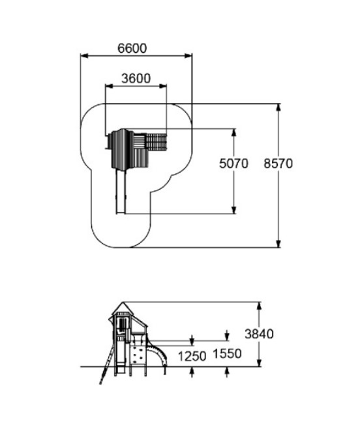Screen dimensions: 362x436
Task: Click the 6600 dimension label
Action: pos(132,48)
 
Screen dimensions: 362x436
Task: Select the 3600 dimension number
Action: pos(136,79)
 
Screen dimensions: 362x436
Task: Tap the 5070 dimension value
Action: pos(234,164)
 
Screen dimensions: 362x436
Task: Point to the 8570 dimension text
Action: pos(279,164)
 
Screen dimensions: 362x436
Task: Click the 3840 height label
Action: pos(259,334)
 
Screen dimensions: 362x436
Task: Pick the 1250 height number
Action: pos(192,356)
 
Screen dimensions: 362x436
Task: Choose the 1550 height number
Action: pos(227,354)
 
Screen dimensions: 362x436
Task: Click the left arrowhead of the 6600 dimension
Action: pos(84,56)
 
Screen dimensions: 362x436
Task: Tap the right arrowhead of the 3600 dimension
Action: pos(163,86)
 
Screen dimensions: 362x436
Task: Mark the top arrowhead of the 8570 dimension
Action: pos(279,108)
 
